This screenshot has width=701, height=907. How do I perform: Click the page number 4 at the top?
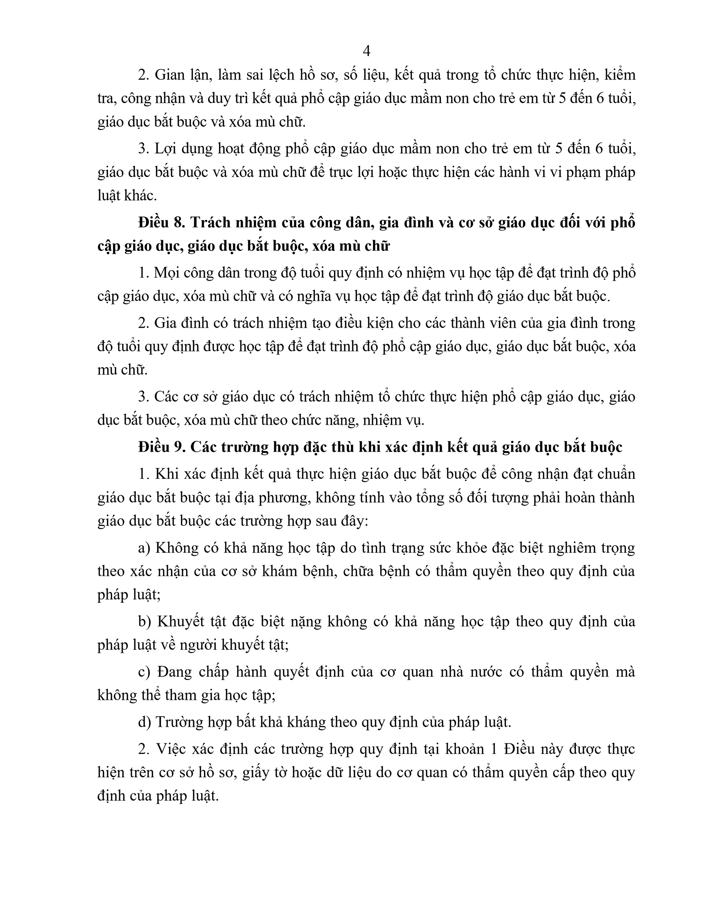366,51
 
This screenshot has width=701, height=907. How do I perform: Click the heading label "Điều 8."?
161,223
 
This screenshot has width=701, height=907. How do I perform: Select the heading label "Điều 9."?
161,447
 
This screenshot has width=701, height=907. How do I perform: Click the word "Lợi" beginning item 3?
165,149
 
